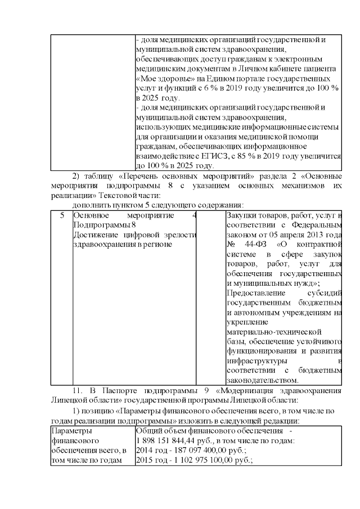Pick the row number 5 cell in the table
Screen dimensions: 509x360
62,215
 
